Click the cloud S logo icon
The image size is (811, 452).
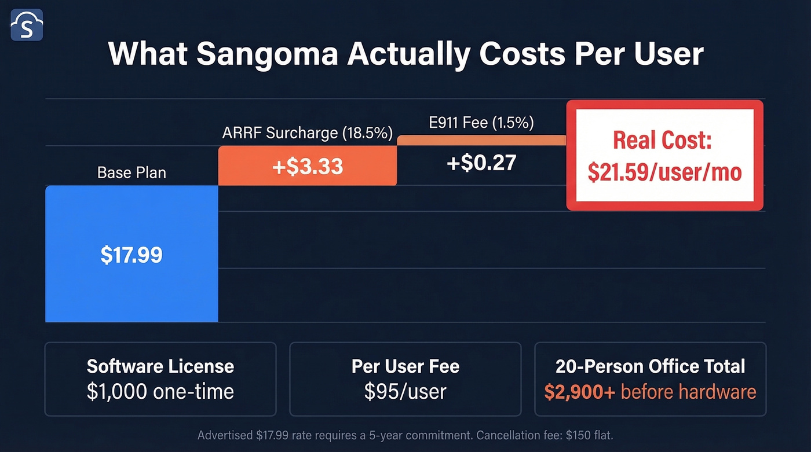[27, 25]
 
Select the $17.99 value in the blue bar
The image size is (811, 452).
[131, 255]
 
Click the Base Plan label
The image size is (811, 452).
[131, 173]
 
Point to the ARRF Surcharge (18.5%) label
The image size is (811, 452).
[307, 133]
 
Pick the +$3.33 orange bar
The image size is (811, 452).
[307, 166]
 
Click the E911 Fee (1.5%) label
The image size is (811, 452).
[482, 123]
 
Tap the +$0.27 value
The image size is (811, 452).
[481, 163]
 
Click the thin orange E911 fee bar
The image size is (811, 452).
[481, 140]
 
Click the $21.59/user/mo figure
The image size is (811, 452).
[664, 172]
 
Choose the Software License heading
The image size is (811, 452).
[160, 366]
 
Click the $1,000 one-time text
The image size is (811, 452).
[160, 392]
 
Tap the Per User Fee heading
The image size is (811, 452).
[405, 366]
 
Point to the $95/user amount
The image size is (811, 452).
[405, 392]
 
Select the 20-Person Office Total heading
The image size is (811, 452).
[650, 366]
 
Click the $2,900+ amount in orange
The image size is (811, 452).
[579, 392]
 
